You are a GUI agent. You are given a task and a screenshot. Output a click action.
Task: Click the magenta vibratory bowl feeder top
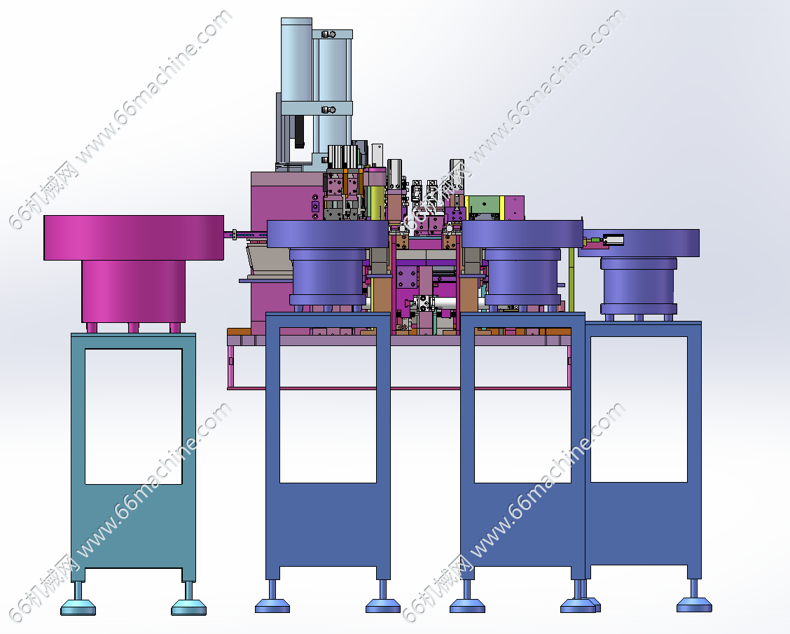134,238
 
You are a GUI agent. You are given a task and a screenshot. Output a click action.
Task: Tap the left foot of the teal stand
78,600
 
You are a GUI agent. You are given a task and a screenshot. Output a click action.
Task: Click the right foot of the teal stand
189,600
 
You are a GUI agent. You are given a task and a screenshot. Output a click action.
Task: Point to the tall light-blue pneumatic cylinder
296,90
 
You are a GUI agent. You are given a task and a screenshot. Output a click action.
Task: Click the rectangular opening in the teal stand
134,416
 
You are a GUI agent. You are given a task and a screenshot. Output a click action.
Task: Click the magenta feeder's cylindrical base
134,291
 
